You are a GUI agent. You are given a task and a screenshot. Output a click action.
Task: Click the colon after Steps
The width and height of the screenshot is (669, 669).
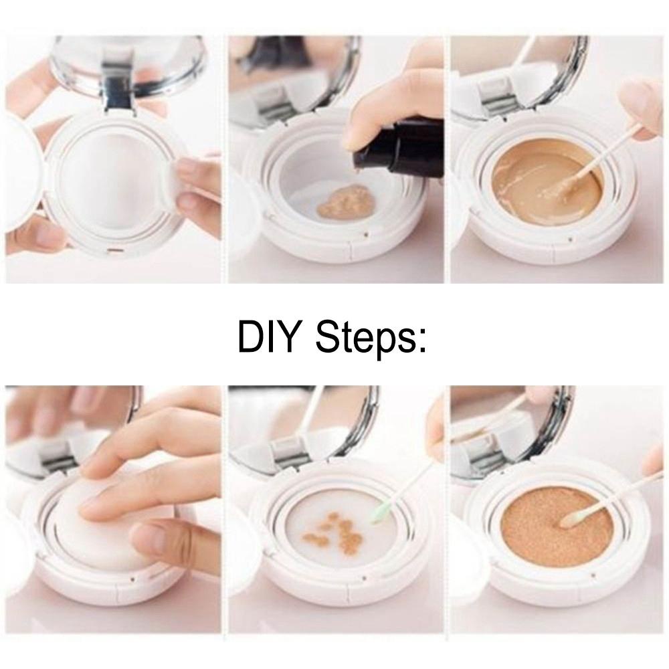tap(422, 341)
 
